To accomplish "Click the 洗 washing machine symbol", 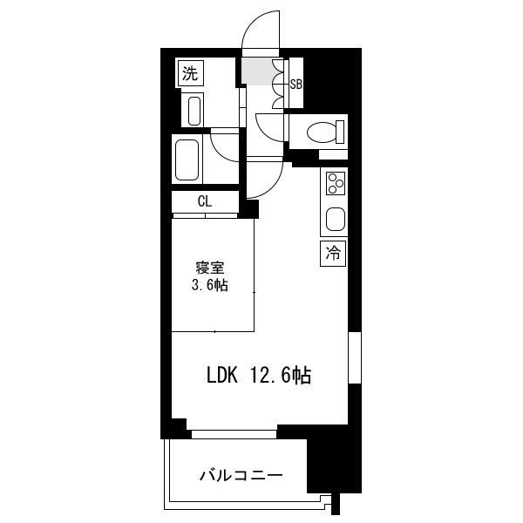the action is point(190,74).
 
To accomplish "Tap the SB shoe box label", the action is point(295,85).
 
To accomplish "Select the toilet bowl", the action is point(325,132).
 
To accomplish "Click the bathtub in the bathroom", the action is point(187,160).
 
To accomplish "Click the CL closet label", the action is point(205,202).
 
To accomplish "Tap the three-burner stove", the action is point(336,183).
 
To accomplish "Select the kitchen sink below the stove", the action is point(336,220).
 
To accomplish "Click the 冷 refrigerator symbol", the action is point(333,254).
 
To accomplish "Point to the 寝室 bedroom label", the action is point(210,268).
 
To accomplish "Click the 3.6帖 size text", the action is point(210,285).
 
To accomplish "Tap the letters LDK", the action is point(222,376).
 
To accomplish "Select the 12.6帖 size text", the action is point(281,376).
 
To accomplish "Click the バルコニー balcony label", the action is point(241,475).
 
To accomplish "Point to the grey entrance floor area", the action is point(258,71).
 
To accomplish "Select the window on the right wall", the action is point(355,357).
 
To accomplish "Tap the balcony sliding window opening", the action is point(234,434).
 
